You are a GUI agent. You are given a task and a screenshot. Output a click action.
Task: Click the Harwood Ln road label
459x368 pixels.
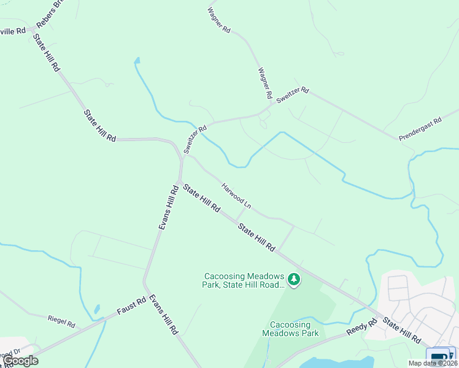point(237,196)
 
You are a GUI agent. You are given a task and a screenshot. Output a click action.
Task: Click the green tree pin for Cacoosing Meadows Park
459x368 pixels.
point(295,280)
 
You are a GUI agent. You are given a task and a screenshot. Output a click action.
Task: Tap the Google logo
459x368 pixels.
point(20,361)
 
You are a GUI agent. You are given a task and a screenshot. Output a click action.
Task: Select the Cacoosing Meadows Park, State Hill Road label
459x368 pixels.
point(244,280)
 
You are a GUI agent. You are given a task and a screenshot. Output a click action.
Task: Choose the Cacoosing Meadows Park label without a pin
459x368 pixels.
point(290,329)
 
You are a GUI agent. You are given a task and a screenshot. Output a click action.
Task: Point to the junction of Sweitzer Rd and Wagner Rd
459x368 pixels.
point(270,106)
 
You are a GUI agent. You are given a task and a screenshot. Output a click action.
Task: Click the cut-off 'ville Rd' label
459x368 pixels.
point(12,30)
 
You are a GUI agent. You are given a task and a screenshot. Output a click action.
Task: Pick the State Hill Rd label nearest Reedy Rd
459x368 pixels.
point(401,329)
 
